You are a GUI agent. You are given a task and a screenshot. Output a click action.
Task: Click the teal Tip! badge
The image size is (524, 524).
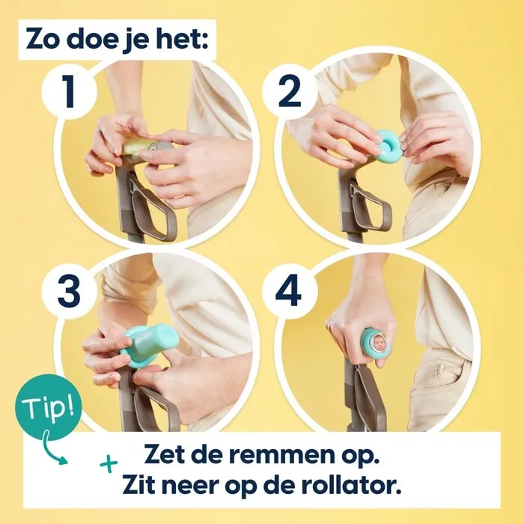pyautogui.click(x=47, y=408)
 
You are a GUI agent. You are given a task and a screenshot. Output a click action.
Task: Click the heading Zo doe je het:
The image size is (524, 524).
pyautogui.click(x=119, y=39)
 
